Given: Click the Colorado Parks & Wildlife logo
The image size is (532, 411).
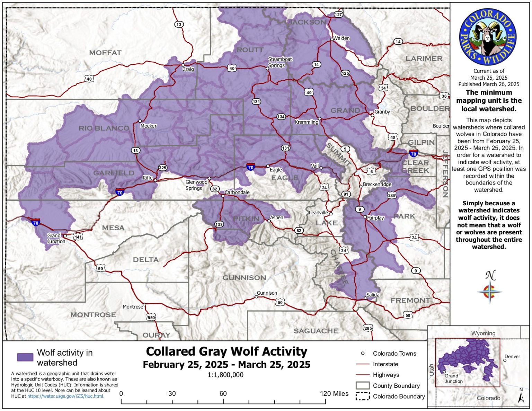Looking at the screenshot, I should (488, 37).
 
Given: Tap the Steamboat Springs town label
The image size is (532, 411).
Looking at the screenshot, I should (280, 62).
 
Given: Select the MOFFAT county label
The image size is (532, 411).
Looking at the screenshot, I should (105, 53).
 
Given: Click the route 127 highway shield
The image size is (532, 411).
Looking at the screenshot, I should (338, 14).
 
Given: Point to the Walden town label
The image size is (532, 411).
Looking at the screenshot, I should (342, 38).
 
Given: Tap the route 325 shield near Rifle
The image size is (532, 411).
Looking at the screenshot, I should (162, 168).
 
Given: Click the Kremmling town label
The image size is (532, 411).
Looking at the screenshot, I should (306, 122).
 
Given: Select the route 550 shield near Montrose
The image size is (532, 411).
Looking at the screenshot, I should (151, 317).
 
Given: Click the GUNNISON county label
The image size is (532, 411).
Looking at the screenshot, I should (244, 278).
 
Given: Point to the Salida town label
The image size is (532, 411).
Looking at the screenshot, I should (373, 295).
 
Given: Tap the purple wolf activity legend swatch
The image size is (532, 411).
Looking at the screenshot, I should (25, 357).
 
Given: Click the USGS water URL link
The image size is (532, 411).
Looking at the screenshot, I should (65, 396).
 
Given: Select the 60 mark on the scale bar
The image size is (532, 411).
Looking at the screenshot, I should (223, 394).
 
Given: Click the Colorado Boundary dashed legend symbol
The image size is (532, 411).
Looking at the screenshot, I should (362, 396).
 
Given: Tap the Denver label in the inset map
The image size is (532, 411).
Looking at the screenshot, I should (512, 356).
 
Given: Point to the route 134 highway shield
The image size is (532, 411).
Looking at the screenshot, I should (281, 117).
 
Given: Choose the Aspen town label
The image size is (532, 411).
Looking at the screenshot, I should (277, 217).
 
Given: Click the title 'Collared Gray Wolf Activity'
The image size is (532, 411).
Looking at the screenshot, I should (227, 351).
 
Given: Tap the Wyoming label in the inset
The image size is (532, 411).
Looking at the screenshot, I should (483, 333).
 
